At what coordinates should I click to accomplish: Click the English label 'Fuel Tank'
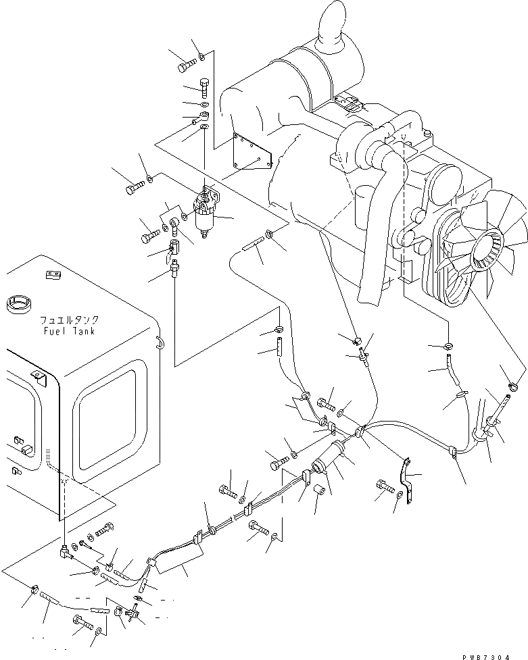[x=66, y=332]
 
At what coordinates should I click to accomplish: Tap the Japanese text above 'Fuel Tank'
[x=67, y=322]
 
